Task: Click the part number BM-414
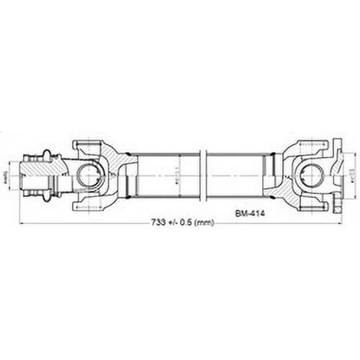[x=249, y=212]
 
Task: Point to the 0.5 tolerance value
[x=185, y=223]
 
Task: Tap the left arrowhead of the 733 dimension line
[x=23, y=222]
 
